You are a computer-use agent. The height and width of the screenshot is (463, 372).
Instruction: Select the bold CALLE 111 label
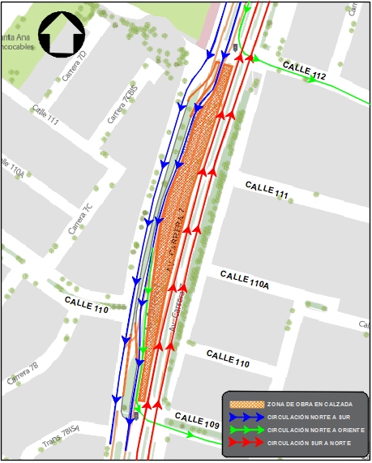pyautogui.click(x=267, y=191)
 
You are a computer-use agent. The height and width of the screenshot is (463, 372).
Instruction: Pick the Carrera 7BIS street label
pyautogui.click(x=118, y=105)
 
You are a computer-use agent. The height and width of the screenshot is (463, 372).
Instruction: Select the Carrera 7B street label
pyautogui.click(x=23, y=374)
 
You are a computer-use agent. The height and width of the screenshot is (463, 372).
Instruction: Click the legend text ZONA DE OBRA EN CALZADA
pyautogui.click(x=310, y=404)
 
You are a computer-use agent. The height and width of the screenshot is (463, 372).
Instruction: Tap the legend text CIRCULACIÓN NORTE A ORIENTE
pyautogui.click(x=315, y=430)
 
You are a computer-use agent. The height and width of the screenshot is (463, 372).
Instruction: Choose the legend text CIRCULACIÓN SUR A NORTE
pyautogui.click(x=309, y=443)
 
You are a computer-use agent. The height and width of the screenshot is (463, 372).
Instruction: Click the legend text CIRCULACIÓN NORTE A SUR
pyautogui.click(x=308, y=417)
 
